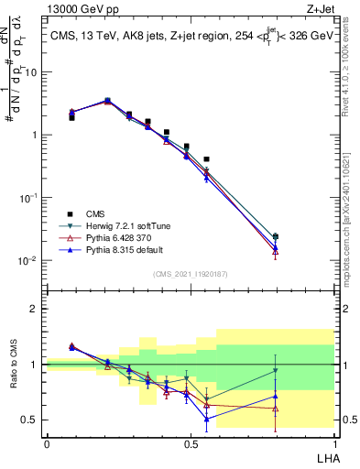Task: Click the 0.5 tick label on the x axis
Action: click(x=191, y=442)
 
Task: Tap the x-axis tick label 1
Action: click(x=334, y=442)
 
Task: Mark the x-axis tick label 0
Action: click(x=47, y=442)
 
